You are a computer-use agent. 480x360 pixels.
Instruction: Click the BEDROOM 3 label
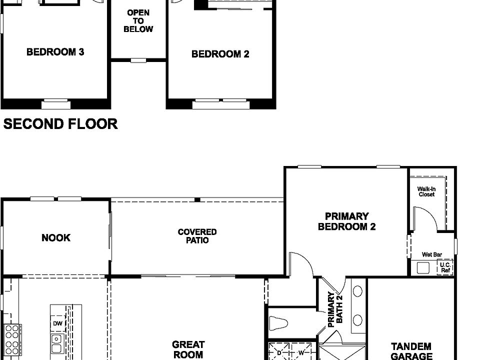coord(55,52)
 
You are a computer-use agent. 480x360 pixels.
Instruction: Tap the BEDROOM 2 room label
coord(220,54)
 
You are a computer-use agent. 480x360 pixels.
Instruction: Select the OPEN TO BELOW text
coord(138,21)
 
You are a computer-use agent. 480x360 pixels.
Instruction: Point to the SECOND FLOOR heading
coord(60,124)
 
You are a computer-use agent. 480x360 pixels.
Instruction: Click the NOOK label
coord(56,238)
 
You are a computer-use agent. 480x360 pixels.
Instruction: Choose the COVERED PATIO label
coord(197,236)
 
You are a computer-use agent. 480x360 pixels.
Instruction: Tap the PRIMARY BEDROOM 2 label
coord(346,221)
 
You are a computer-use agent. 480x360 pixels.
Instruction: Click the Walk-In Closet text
coord(426,191)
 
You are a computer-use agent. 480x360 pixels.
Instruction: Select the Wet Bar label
coord(431,254)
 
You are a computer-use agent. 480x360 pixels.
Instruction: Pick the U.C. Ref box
coord(445,267)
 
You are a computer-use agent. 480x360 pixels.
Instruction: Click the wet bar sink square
coord(423,267)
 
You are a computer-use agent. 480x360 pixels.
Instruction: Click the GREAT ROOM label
coord(188,349)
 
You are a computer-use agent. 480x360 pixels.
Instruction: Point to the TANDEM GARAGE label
coord(411,351)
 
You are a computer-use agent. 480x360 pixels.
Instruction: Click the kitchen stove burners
coord(12,336)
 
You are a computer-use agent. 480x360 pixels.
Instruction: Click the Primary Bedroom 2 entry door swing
coord(301,263)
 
